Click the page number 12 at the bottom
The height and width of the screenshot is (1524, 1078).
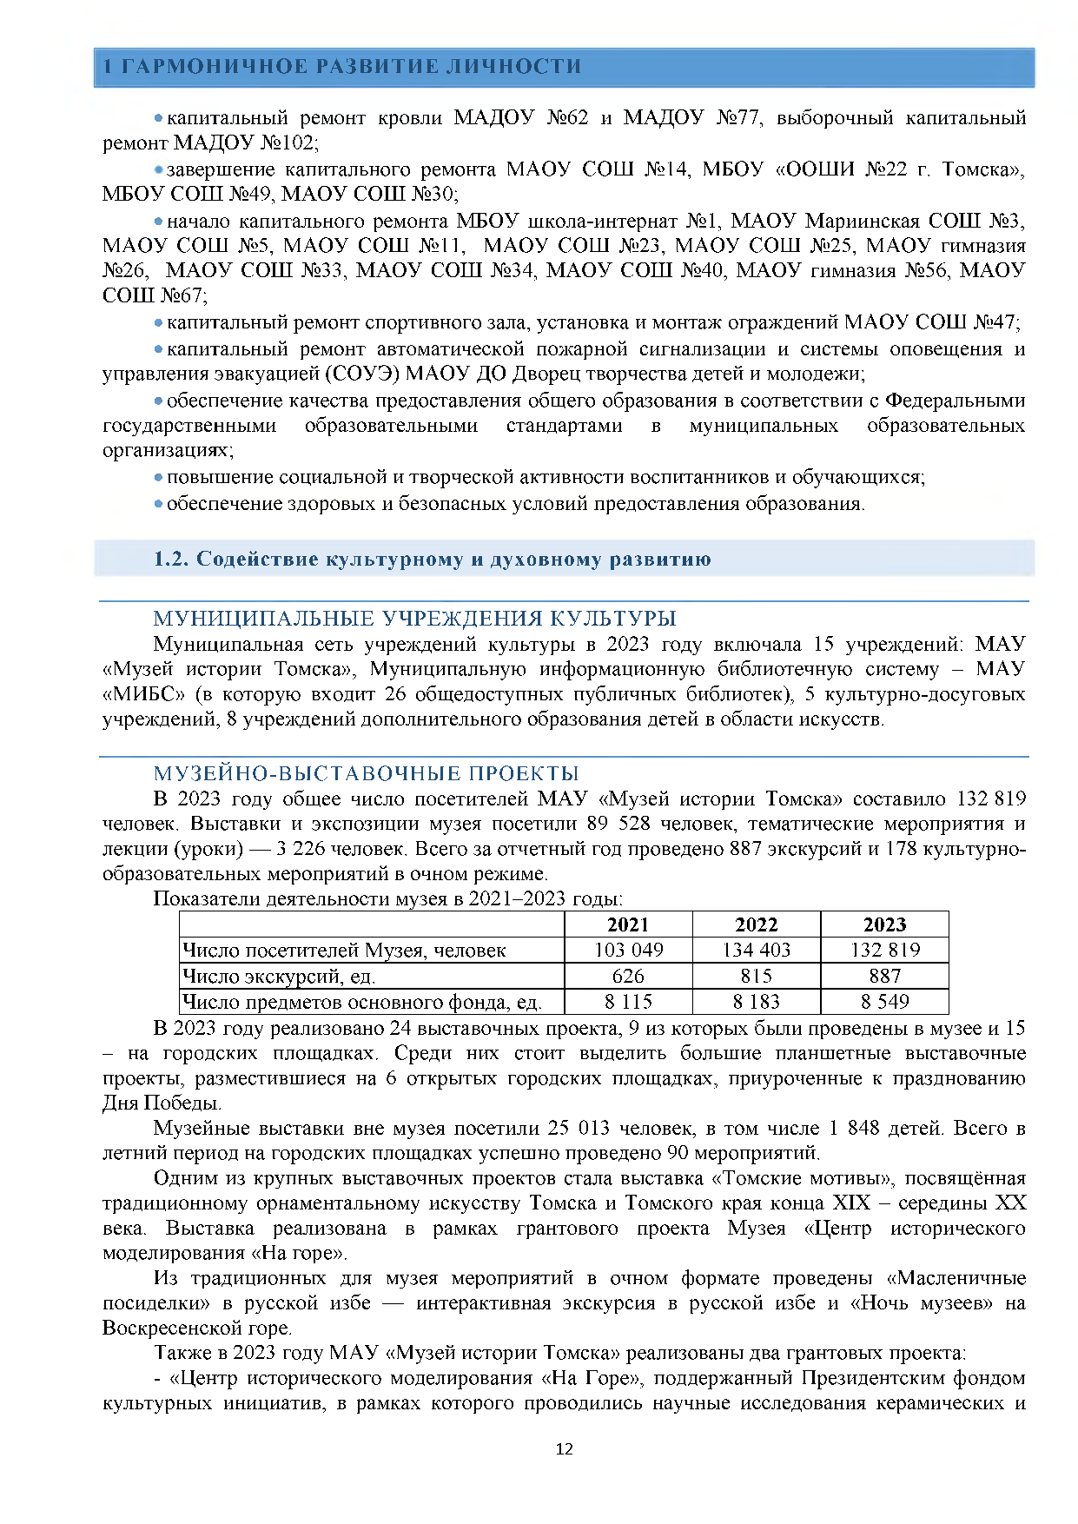[564, 1448]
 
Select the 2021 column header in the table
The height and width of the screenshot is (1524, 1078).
[628, 924]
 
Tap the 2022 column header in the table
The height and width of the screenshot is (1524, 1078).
[756, 924]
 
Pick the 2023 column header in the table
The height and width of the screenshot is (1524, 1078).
[884, 924]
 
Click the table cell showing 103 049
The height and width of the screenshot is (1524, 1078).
[628, 950]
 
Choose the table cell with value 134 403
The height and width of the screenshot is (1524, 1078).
[756, 950]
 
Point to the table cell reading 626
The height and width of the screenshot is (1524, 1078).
[628, 976]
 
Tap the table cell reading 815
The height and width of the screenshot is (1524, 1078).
[756, 976]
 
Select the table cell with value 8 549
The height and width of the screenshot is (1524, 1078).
[884, 1002]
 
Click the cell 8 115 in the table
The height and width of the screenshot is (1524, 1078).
[628, 1002]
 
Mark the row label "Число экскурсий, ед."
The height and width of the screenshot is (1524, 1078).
[279, 977]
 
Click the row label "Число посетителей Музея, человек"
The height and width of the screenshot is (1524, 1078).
[344, 951]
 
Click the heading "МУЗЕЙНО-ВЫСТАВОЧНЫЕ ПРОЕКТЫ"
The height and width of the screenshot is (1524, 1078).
[366, 773]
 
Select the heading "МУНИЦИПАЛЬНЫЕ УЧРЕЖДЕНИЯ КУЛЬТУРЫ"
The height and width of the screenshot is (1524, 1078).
[414, 619]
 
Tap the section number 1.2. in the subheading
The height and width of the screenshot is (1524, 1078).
[171, 559]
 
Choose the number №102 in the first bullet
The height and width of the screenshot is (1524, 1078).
[288, 142]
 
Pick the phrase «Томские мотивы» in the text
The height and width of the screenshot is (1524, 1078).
[804, 1179]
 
